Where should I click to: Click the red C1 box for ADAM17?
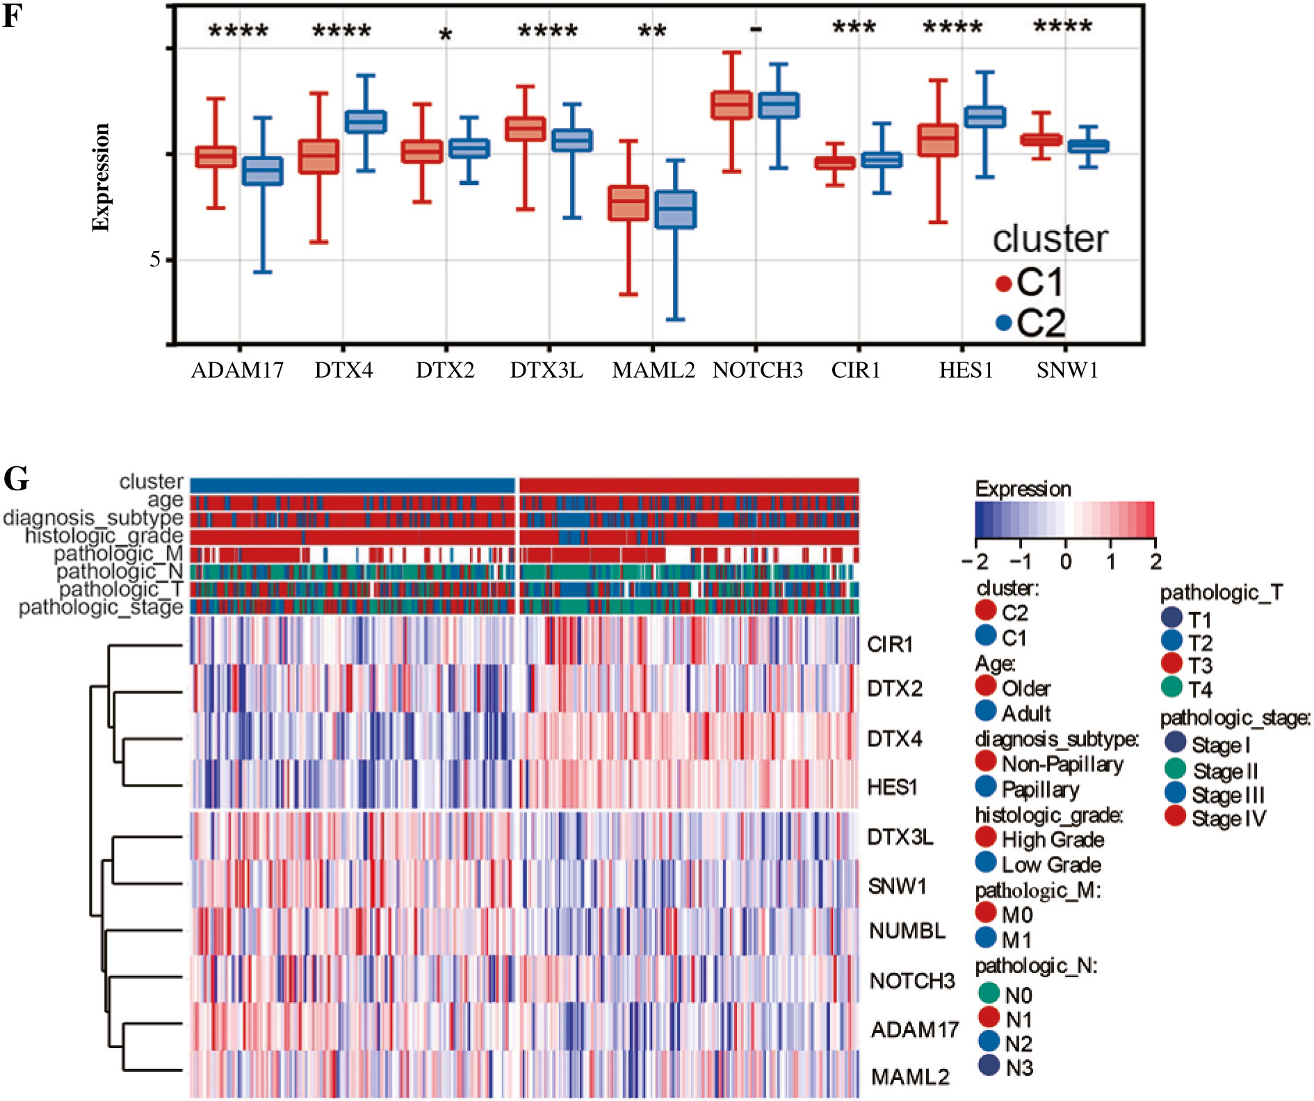coord(216,156)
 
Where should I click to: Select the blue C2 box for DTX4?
coord(366,122)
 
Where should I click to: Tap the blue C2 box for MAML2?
coord(675,209)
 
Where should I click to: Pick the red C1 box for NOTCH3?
coord(731,105)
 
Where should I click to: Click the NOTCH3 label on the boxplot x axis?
coord(757,370)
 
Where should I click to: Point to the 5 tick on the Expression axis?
coord(155,260)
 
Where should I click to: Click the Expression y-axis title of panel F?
coord(102,177)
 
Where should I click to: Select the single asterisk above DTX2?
coord(446,35)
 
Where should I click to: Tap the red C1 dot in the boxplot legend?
coord(1003,283)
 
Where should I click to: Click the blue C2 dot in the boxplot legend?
coord(1003,323)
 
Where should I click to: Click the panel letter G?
coord(17,479)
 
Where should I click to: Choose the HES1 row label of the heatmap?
coord(893,787)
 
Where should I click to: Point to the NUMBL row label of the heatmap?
coord(907,931)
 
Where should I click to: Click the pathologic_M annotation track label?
coord(118,554)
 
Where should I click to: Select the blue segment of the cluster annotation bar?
coord(352,485)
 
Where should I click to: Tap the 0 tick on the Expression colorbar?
coord(1065,561)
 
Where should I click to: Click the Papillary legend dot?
coord(986,787)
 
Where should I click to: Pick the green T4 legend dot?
coord(1171,687)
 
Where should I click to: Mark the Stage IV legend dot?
coord(1175,816)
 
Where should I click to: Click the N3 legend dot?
coord(989,1065)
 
